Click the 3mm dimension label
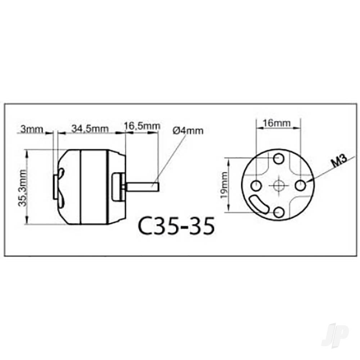[32, 129]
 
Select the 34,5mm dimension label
[90, 129]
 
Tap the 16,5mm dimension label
[142, 126]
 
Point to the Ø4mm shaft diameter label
[188, 131]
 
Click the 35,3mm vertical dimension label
[23, 188]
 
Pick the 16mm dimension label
[277, 123]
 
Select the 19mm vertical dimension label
[224, 185]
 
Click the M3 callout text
[339, 162]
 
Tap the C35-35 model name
[176, 225]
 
